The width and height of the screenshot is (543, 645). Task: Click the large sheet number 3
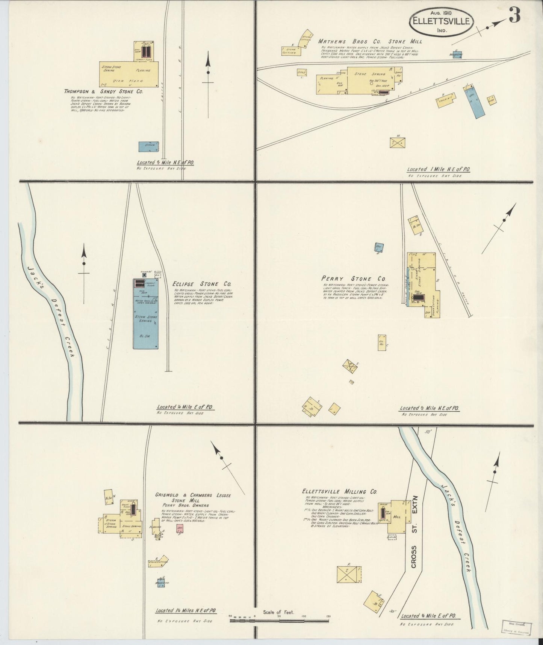[x=515, y=15]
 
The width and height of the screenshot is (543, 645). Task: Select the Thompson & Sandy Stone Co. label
[x=103, y=91]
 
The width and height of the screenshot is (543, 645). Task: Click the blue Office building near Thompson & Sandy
[x=148, y=146]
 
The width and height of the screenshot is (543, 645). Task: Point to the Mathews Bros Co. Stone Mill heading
[x=370, y=41]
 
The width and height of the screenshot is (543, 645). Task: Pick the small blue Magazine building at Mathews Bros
[x=457, y=55]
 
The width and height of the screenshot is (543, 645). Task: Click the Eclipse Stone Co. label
[x=202, y=284]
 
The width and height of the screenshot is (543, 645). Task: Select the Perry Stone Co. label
[x=354, y=279]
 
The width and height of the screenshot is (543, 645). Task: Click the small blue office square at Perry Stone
[x=379, y=247]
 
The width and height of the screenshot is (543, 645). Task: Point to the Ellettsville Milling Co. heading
[x=339, y=491]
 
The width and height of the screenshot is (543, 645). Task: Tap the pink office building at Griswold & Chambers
[x=180, y=528]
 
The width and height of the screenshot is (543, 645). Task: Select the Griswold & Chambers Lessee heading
[x=193, y=495]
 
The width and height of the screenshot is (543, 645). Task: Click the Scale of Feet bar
[x=280, y=621]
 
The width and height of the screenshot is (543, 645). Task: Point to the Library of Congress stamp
[x=517, y=628]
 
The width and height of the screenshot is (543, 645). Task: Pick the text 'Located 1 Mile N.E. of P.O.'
[x=439, y=170]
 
